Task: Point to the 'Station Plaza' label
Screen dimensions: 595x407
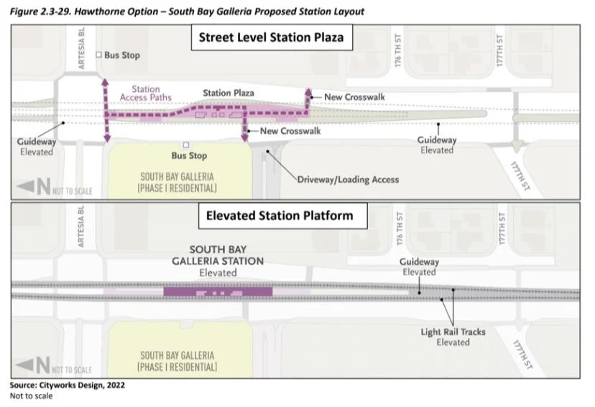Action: pos(228,93)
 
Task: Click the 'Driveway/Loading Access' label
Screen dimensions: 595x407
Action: pos(348,179)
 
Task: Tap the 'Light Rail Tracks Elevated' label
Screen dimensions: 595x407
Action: pos(453,337)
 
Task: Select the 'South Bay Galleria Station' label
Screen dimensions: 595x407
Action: pos(218,261)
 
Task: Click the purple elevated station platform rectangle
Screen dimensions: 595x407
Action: pos(218,291)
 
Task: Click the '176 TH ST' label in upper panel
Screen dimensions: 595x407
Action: pos(397,56)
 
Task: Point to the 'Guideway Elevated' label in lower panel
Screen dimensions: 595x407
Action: pos(419,267)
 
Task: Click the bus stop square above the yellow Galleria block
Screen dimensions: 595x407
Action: pos(185,145)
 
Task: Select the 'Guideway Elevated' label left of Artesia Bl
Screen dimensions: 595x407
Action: pos(36,147)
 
